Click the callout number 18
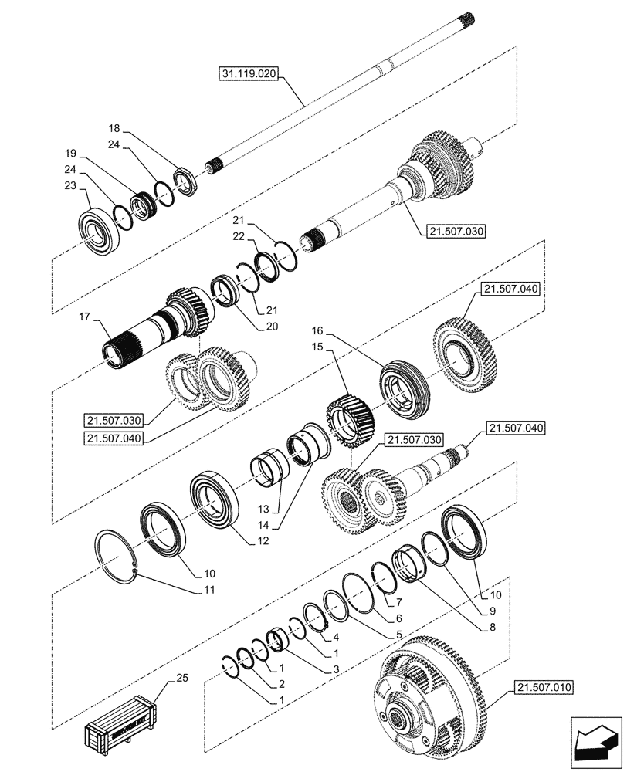point(114,128)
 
